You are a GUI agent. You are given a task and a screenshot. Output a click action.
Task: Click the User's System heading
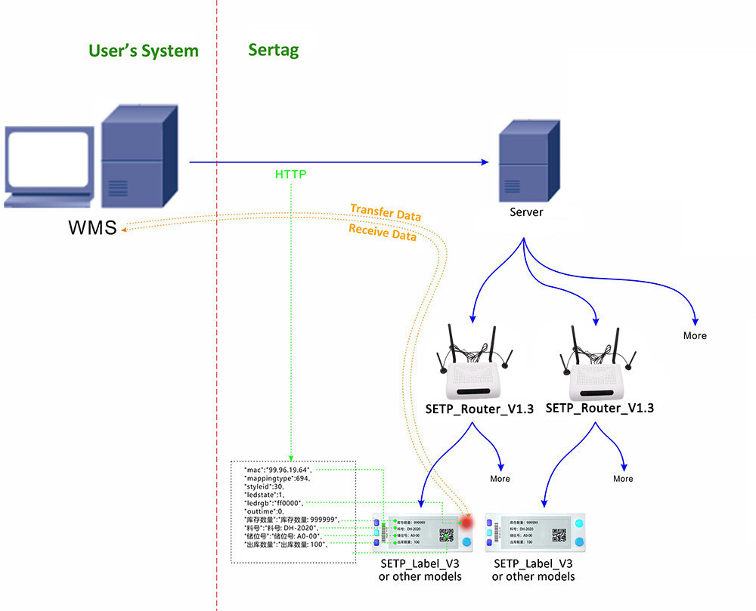[x=144, y=51]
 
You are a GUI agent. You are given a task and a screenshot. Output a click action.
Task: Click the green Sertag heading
[x=273, y=51]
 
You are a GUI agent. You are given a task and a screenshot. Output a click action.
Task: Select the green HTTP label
[x=291, y=174]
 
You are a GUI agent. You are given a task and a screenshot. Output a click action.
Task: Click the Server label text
[x=525, y=212]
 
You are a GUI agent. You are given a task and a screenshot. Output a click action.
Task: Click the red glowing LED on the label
[x=466, y=522]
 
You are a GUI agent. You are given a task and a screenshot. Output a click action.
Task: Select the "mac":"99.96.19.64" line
[x=277, y=470]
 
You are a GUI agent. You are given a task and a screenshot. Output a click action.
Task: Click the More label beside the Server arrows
[x=695, y=335]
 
